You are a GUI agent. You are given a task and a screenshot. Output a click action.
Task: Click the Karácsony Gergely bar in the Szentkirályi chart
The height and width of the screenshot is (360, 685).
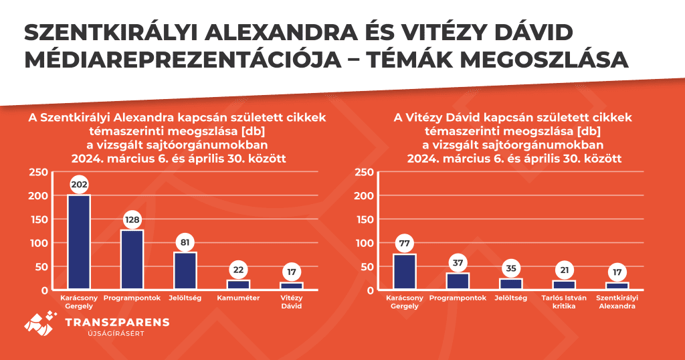(x=79, y=242)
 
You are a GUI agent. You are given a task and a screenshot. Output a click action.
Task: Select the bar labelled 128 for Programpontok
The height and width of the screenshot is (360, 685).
(x=132, y=260)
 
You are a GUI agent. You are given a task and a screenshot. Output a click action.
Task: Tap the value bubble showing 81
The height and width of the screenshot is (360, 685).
(x=185, y=242)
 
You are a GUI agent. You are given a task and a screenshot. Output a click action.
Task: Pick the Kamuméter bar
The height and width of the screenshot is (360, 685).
(x=239, y=284)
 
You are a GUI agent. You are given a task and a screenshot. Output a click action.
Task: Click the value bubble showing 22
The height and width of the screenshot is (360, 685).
(x=239, y=270)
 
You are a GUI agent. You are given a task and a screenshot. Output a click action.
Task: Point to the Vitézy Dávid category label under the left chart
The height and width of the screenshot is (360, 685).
(x=292, y=302)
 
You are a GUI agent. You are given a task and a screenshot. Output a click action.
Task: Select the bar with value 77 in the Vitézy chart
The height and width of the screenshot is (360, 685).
(x=405, y=271)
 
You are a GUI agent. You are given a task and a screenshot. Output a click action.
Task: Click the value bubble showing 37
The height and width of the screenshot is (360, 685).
(x=458, y=263)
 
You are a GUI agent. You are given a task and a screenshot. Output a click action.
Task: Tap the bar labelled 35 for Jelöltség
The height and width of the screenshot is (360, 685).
(x=511, y=284)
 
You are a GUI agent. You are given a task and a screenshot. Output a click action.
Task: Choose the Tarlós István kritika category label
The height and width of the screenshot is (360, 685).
(x=564, y=302)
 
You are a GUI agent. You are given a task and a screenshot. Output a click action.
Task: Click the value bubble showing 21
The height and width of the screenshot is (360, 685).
(x=565, y=270)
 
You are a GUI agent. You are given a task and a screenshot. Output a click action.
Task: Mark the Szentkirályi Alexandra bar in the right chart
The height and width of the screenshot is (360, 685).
(x=617, y=286)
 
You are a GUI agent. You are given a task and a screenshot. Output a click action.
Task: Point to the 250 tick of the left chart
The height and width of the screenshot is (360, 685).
(x=38, y=172)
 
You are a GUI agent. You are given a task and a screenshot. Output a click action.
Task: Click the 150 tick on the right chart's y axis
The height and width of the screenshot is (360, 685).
(x=364, y=219)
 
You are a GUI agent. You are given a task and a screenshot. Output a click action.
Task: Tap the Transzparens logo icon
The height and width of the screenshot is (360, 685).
(x=41, y=323)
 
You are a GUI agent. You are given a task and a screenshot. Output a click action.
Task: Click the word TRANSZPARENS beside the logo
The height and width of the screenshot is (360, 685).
(x=117, y=323)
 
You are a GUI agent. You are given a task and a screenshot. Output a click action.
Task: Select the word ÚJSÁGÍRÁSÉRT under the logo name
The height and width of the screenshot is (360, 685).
(x=116, y=334)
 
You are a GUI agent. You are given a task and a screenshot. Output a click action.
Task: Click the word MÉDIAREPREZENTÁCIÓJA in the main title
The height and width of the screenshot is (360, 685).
(x=183, y=60)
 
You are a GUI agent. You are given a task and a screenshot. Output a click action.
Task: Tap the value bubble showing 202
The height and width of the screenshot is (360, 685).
(x=79, y=185)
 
